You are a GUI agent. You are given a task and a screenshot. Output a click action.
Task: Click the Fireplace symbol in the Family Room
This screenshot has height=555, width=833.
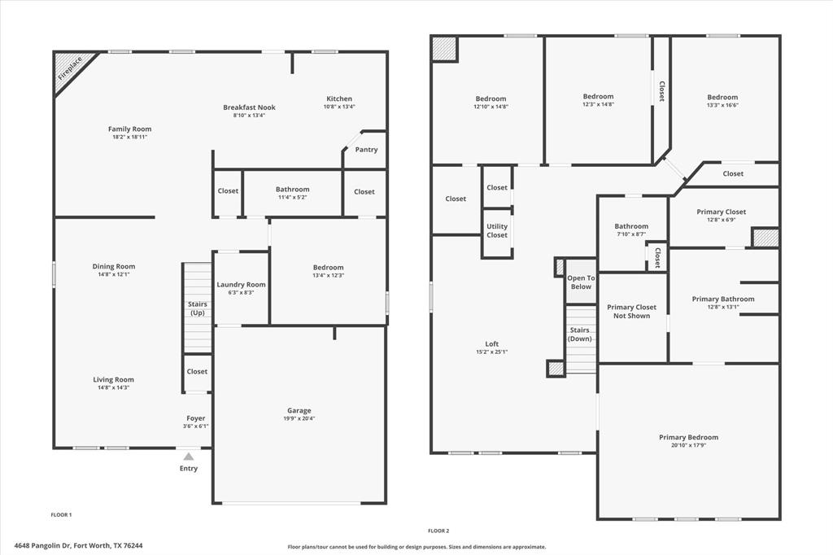[x=71, y=72]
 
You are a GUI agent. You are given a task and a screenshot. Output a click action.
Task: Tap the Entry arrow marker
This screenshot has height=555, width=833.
[x=189, y=457]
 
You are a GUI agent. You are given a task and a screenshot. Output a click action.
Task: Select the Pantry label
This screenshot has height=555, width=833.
[x=366, y=149]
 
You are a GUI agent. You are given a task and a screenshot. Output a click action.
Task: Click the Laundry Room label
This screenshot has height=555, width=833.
[x=241, y=285]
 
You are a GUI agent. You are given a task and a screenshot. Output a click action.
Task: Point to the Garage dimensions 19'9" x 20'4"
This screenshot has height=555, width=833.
[x=299, y=419]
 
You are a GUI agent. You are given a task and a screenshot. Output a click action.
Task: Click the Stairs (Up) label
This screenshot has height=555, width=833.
[x=197, y=308]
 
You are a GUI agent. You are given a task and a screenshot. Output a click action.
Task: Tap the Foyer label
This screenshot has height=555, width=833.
[x=196, y=418]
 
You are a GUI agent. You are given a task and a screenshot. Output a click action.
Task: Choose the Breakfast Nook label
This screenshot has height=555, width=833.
[x=249, y=107]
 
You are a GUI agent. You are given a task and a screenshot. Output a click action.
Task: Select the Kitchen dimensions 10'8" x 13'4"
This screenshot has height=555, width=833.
[x=339, y=107]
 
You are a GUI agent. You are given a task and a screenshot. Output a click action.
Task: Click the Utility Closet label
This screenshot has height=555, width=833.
[x=497, y=231]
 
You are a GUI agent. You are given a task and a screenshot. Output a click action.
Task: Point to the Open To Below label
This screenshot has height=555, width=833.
[x=581, y=282]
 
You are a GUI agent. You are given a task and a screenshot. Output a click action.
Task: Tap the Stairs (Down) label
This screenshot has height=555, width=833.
[x=580, y=334]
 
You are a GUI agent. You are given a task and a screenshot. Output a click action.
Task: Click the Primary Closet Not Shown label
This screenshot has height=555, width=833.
[x=632, y=312]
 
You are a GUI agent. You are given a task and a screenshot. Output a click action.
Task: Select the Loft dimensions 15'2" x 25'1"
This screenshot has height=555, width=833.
[x=491, y=352]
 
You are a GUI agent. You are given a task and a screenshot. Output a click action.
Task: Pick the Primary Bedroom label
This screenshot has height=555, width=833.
[x=688, y=438]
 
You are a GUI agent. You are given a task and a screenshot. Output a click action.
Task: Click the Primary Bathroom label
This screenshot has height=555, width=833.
[x=722, y=299]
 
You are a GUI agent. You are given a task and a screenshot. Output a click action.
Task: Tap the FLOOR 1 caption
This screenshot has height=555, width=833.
[x=61, y=515]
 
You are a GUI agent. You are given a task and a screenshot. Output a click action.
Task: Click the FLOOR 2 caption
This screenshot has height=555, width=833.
[x=438, y=531]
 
